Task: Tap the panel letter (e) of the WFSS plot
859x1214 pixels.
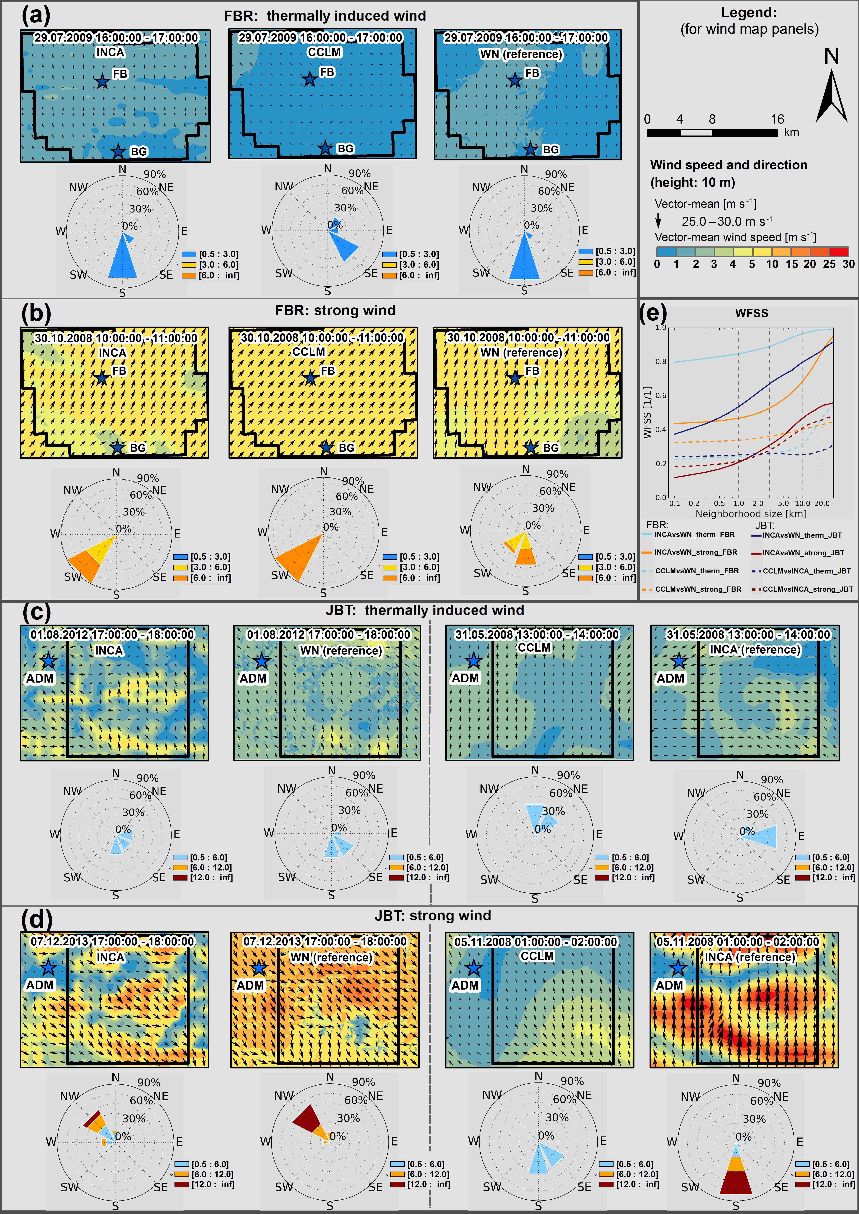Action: (653, 314)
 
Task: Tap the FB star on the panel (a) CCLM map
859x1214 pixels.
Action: (309, 79)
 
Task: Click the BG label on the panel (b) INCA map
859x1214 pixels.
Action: (137, 448)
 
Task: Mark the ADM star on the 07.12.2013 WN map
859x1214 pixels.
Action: (259, 968)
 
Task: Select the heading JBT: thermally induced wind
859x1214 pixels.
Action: (425, 610)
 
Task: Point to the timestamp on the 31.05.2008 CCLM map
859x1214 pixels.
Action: (537, 634)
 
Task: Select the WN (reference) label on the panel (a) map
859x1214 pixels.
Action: (521, 54)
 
